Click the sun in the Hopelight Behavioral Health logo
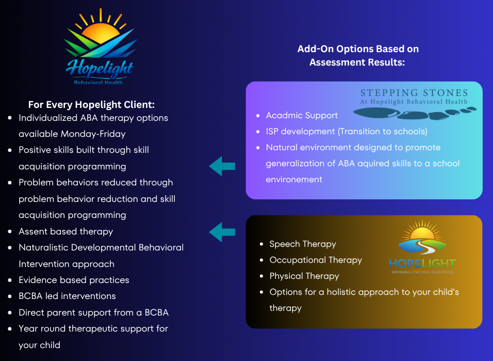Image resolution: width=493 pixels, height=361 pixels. [101, 33]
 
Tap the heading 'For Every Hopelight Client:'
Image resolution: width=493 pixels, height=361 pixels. [91, 105]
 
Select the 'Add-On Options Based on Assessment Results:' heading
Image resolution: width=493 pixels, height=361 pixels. [358, 55]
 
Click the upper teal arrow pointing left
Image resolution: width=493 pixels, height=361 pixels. [222, 166]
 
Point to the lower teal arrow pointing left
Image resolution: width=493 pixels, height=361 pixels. [222, 232]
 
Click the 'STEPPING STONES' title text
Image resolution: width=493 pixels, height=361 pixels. [414, 92]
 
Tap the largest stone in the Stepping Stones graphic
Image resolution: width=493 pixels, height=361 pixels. [376, 113]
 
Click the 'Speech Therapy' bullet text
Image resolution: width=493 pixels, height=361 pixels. [303, 244]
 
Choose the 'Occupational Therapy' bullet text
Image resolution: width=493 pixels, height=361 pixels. [316, 260]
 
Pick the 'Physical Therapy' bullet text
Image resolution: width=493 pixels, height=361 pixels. [304, 276]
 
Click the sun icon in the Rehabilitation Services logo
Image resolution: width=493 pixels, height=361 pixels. [422, 232]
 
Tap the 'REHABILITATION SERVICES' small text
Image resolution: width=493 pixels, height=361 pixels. [422, 272]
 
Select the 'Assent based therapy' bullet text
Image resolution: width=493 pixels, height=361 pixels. [65, 231]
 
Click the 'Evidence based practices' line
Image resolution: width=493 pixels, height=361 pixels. [74, 280]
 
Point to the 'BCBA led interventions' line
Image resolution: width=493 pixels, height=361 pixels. [67, 296]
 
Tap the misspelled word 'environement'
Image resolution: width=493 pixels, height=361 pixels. [294, 180]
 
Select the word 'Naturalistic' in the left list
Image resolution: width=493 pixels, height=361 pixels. [43, 247]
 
